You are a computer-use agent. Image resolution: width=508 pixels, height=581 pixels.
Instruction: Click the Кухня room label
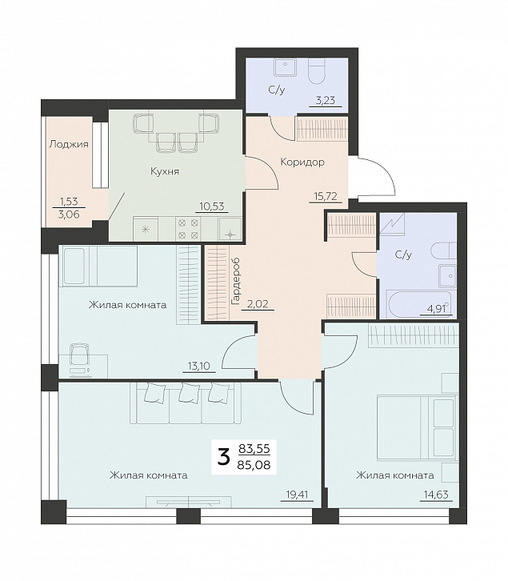click(x=165, y=171)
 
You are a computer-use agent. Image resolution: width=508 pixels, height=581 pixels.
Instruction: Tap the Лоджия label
click(x=69, y=144)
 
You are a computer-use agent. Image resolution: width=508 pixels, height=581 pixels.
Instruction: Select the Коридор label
click(x=302, y=162)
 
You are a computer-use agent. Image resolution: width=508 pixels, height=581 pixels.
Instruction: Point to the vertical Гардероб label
click(x=235, y=282)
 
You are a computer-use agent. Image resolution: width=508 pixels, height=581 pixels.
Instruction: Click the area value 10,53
click(x=212, y=206)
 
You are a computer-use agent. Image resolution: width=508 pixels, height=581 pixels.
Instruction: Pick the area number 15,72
click(x=326, y=196)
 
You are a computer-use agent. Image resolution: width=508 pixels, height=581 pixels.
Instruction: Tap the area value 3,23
click(x=326, y=100)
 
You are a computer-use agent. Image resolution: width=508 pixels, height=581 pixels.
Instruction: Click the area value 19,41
click(x=297, y=495)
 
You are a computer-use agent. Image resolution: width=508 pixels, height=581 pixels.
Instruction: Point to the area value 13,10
click(x=199, y=367)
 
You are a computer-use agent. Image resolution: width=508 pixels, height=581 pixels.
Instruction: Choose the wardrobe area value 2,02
click(x=258, y=304)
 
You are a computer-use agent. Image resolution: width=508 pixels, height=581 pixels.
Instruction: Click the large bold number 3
click(x=223, y=457)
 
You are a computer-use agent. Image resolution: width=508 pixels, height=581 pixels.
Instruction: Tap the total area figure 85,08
click(x=254, y=464)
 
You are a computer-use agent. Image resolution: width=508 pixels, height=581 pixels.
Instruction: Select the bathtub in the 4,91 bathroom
click(x=419, y=304)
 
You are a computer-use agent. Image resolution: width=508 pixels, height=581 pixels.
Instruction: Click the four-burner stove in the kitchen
click(x=188, y=229)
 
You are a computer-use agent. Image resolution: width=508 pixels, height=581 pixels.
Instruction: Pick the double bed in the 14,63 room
click(x=416, y=428)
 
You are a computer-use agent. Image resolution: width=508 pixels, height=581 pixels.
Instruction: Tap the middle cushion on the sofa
click(x=186, y=392)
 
